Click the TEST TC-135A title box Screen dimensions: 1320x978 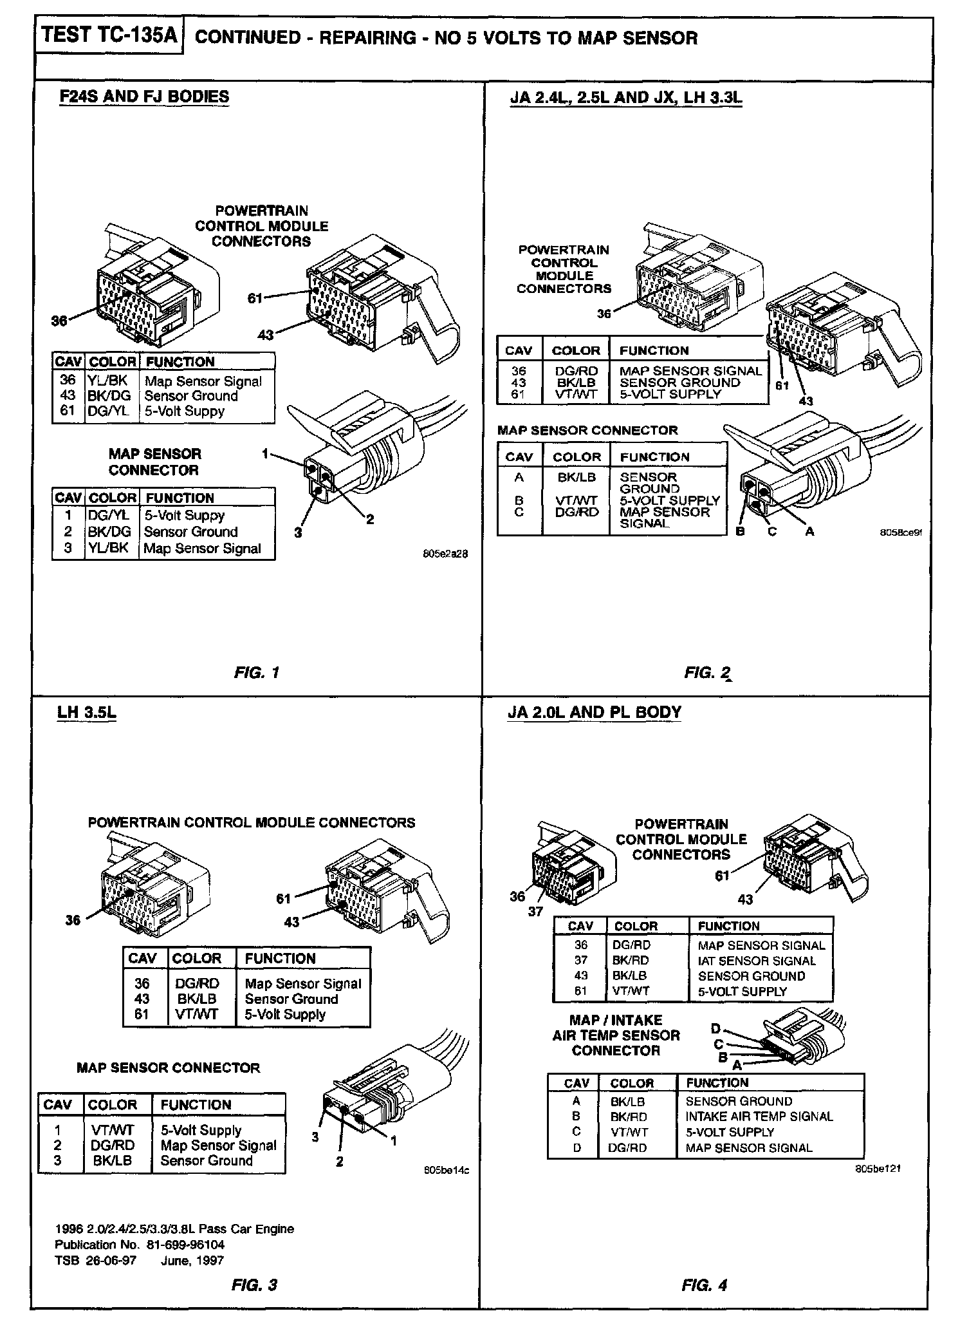click(x=108, y=35)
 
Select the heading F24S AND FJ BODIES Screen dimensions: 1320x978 click(x=144, y=97)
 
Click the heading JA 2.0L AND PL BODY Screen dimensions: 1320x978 click(x=594, y=712)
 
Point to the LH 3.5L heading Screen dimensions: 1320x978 click(x=86, y=712)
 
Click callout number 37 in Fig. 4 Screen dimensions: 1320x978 click(x=535, y=911)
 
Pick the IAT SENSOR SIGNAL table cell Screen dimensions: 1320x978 click(x=756, y=961)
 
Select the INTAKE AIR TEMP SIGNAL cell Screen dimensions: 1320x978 click(x=759, y=1117)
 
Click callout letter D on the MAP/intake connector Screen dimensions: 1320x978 click(x=715, y=1030)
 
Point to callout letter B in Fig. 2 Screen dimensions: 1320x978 click(x=740, y=532)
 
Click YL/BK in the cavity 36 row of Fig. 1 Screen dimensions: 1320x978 click(x=107, y=381)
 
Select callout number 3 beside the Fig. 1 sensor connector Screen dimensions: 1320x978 click(x=298, y=533)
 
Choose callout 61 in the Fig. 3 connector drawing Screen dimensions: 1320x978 click(x=283, y=898)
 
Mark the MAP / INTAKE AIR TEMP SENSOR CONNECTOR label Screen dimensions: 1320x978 click(x=616, y=1035)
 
